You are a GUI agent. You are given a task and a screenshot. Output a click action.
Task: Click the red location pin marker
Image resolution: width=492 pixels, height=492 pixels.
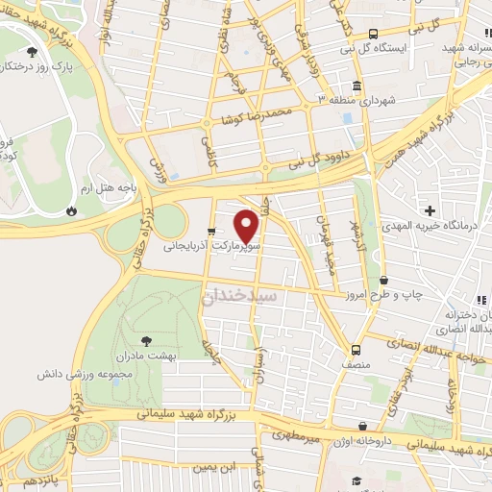[x=248, y=226]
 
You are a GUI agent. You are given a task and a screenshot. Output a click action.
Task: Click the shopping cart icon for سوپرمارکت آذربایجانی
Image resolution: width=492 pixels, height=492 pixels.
[x=210, y=244]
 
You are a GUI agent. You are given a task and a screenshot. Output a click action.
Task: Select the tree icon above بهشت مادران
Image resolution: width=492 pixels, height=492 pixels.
[x=146, y=339]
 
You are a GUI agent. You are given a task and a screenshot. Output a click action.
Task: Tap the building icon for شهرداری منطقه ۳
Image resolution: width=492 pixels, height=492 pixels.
[x=322, y=101]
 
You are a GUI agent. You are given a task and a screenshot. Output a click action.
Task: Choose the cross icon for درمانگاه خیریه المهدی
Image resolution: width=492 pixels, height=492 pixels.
[x=430, y=209]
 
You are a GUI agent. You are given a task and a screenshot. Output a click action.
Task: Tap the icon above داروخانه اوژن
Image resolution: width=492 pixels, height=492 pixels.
[x=361, y=424]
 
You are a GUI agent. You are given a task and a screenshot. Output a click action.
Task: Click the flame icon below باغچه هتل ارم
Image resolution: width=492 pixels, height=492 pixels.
[x=72, y=210]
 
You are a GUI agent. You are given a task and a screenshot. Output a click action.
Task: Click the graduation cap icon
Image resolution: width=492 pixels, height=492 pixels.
[x=355, y=480]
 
